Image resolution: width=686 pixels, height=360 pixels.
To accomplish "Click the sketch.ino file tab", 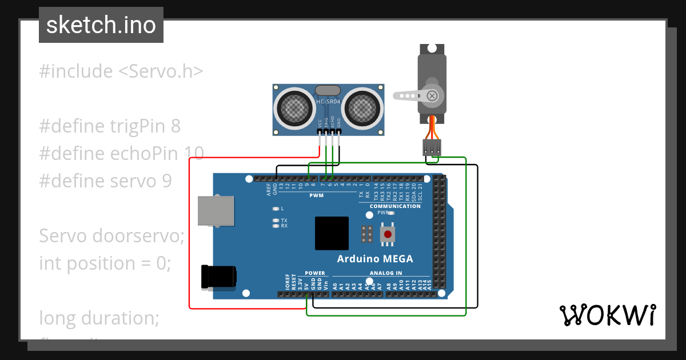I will [x=101, y=25].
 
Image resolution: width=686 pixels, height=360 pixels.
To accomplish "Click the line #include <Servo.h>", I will [x=121, y=71].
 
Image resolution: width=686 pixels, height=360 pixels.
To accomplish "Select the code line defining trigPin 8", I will [x=110, y=126].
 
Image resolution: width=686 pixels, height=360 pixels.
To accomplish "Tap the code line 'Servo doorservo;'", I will [x=111, y=235].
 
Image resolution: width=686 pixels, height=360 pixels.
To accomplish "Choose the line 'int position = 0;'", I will [x=105, y=263].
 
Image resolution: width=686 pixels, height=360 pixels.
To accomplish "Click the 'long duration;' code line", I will [x=99, y=318].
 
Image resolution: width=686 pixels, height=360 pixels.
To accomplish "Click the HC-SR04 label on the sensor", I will [x=328, y=102].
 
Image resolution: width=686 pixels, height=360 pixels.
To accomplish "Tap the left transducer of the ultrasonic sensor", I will [x=295, y=107].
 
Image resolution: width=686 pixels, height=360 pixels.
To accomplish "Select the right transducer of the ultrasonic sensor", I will [x=362, y=107].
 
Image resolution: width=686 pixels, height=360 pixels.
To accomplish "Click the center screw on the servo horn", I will [x=433, y=95].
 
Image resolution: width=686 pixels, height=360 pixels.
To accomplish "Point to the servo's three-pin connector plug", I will [x=432, y=147].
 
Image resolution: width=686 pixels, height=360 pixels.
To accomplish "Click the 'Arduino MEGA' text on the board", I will [x=375, y=258].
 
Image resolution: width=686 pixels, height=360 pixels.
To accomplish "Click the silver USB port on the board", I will [x=216, y=211].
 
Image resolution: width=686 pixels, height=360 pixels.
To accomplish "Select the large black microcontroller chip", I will [x=332, y=233].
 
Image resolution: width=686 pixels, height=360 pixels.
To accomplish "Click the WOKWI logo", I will [x=607, y=315].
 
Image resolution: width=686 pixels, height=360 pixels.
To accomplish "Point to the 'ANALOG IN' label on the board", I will [x=386, y=273].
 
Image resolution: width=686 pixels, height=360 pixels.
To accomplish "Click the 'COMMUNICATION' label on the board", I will [x=395, y=206].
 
